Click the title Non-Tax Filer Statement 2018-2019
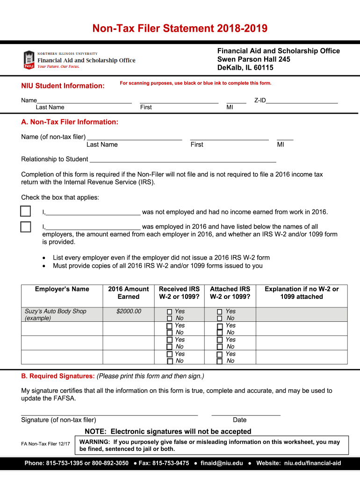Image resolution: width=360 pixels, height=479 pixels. pyautogui.click(x=180, y=29)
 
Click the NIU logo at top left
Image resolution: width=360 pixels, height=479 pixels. pyautogui.click(x=29, y=60)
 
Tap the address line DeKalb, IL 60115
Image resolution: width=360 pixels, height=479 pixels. pyautogui.click(x=245, y=68)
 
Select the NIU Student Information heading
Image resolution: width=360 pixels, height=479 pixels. pyautogui.click(x=63, y=86)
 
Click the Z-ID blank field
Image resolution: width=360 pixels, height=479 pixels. pyautogui.click(x=302, y=100)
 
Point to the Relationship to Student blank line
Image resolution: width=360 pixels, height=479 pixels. pyautogui.click(x=182, y=159)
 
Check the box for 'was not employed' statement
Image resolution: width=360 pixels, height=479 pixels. pyautogui.click(x=26, y=211)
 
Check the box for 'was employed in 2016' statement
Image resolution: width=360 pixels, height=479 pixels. pyautogui.click(x=26, y=227)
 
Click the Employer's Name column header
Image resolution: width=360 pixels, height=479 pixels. pyautogui.click(x=62, y=289)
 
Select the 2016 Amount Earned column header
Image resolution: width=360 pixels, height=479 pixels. pyautogui.click(x=128, y=293)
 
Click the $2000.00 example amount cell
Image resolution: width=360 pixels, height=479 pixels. pyautogui.click(x=129, y=312)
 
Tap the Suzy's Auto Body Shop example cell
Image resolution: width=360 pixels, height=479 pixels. pyautogui.click(x=55, y=314)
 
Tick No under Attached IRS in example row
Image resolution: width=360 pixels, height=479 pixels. pyautogui.click(x=220, y=319)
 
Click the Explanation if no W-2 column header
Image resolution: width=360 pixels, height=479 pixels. pyautogui.click(x=302, y=293)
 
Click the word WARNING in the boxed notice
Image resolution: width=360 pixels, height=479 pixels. pyautogui.click(x=95, y=442)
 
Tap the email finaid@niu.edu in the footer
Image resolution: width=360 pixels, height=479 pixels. pyautogui.click(x=222, y=463)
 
